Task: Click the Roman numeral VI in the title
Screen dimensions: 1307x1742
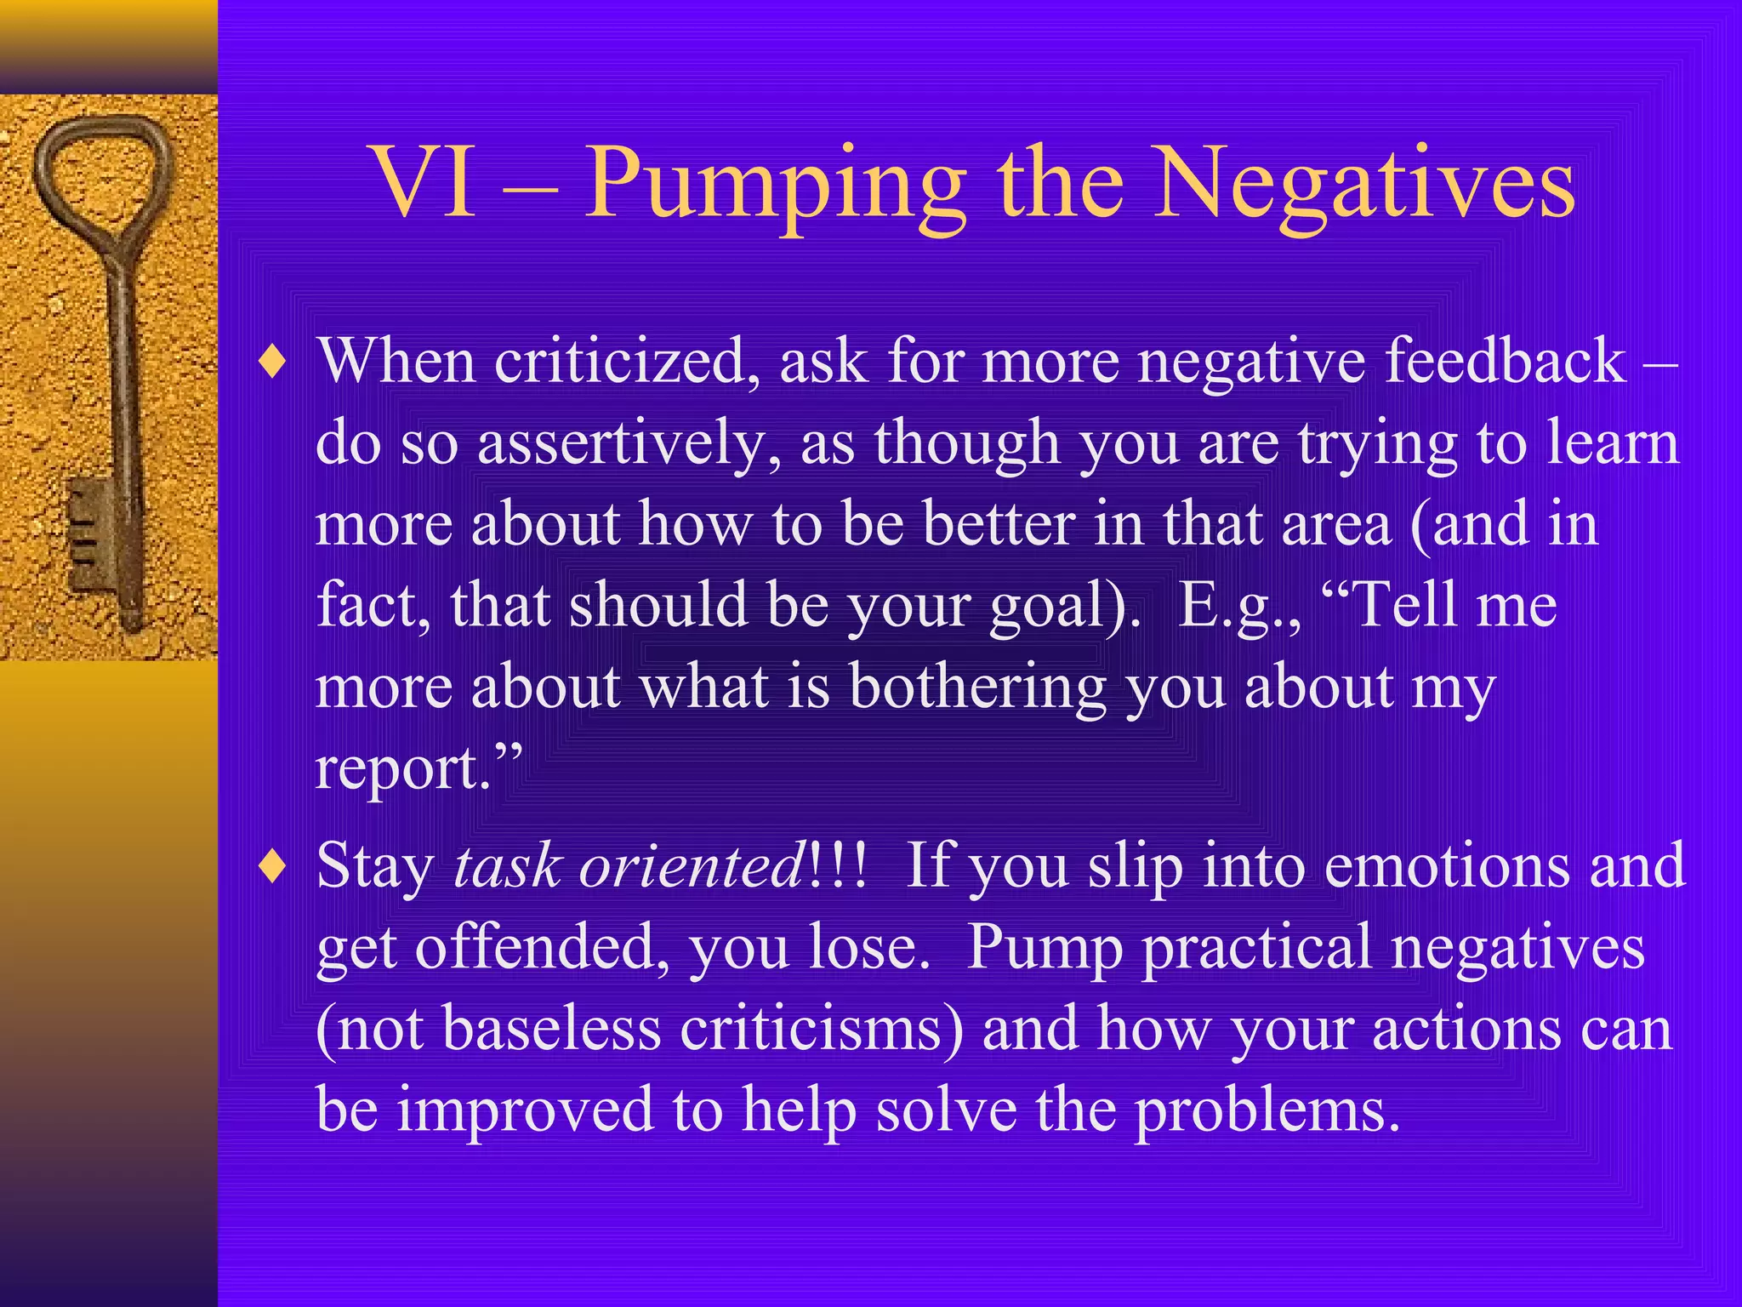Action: tap(424, 184)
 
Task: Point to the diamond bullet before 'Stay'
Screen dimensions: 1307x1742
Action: tap(273, 869)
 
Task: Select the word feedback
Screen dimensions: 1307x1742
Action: tap(1505, 361)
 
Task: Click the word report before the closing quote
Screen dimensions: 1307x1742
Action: tap(401, 768)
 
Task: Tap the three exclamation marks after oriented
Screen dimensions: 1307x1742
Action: tap(839, 865)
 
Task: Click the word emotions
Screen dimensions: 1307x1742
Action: tap(1447, 866)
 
